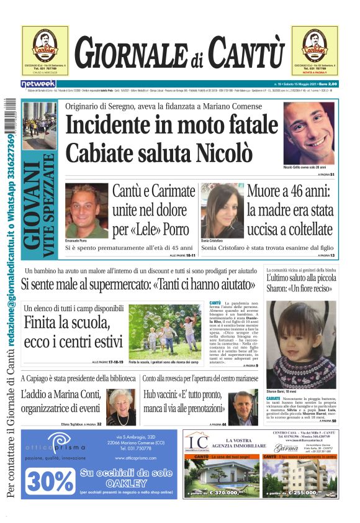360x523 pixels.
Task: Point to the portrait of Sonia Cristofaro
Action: tap(222, 211)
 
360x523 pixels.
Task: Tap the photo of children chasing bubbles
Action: tap(165, 331)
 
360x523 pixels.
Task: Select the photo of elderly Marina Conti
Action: tap(121, 407)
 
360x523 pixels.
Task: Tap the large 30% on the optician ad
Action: tap(50, 480)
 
